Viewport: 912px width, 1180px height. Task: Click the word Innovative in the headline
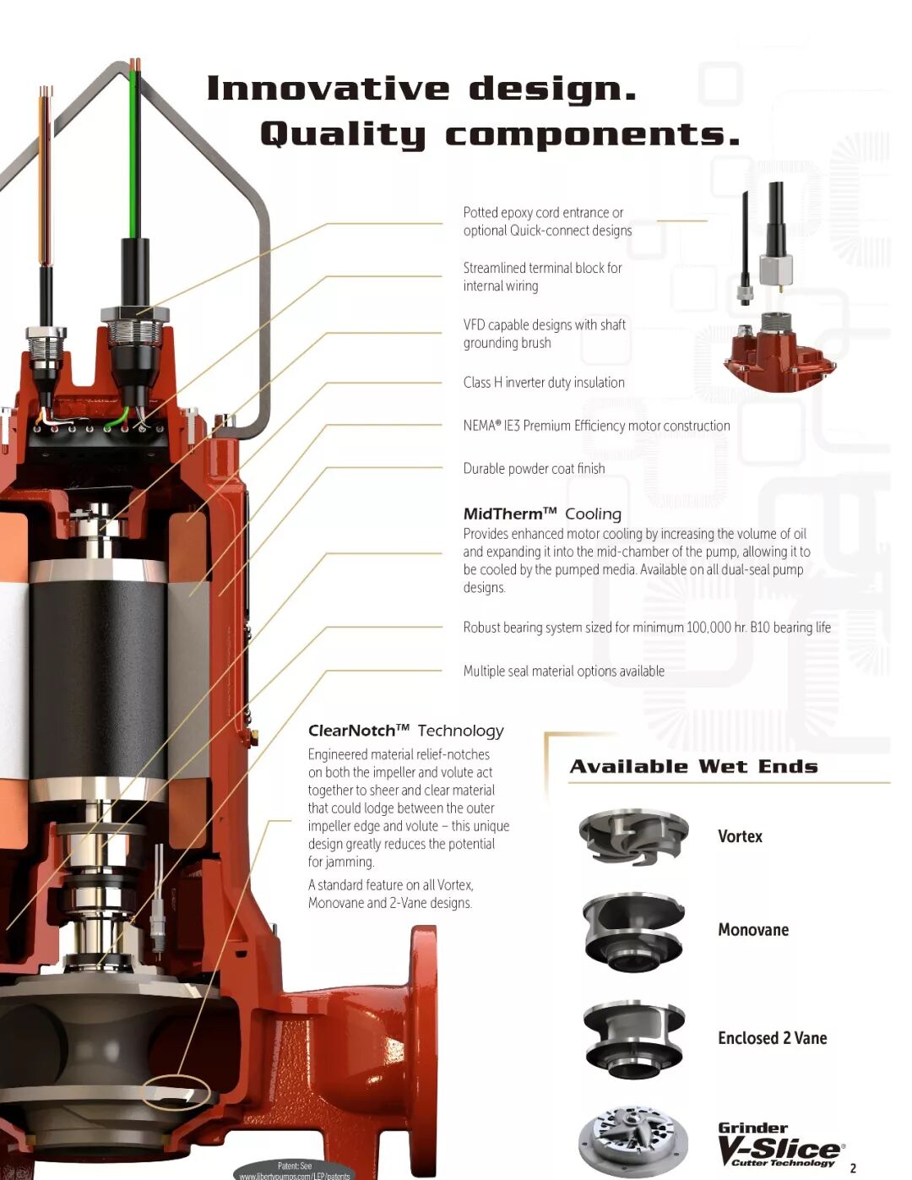[x=328, y=89]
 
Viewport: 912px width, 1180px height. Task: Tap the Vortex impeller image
[x=633, y=837]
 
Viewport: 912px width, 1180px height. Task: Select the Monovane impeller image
[x=633, y=933]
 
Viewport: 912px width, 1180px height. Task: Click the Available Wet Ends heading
[x=693, y=766]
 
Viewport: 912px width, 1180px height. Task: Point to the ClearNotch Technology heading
[x=405, y=731]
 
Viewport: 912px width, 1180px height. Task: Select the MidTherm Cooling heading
[x=542, y=514]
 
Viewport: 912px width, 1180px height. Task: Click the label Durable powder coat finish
[x=534, y=468]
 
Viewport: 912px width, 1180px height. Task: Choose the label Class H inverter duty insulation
[x=544, y=383]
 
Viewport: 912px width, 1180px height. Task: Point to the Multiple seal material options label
[x=563, y=672]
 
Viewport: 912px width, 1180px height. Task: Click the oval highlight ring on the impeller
[x=176, y=1091]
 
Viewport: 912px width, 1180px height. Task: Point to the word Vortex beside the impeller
[x=740, y=836]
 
